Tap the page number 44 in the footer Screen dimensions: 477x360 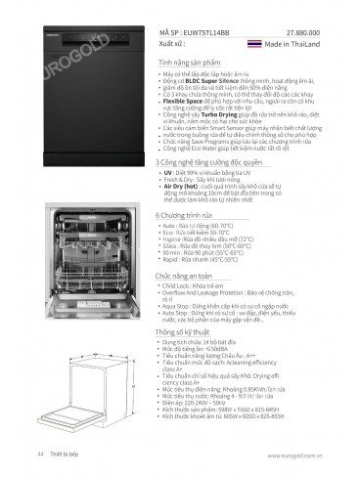(40, 455)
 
